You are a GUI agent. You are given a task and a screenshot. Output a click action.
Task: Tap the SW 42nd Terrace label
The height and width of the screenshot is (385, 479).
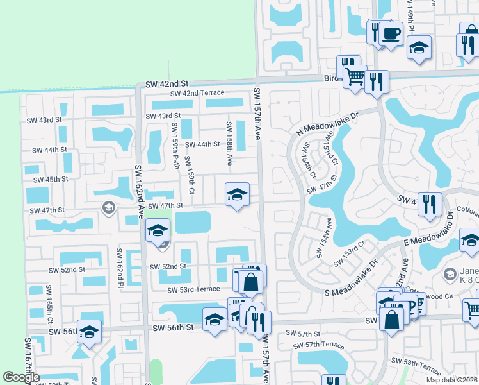pos(197,94)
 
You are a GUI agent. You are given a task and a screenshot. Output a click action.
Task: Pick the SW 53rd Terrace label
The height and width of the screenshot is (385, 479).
pos(193,290)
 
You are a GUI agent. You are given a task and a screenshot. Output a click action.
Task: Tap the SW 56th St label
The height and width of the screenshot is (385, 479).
pos(173,327)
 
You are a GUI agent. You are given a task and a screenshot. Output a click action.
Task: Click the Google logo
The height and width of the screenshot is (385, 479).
pos(21,377)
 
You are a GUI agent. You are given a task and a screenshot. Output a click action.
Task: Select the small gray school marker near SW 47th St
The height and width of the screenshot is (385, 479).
pos(108,207)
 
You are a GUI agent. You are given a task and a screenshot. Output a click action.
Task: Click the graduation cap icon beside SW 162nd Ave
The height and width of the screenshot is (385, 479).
pos(156,230)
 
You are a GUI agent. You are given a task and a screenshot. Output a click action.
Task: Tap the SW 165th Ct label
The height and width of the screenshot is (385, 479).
pos(47,305)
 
